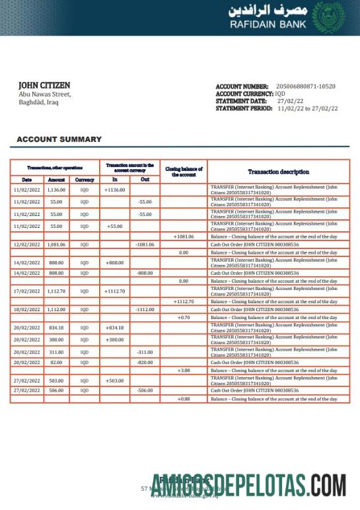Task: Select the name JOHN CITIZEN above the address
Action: tap(44, 85)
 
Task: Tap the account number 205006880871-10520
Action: tap(305, 87)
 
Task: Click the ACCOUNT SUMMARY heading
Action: tap(59, 139)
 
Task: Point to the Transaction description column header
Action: tap(278, 172)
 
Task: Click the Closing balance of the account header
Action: tap(183, 172)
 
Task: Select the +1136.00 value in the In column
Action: tap(114, 190)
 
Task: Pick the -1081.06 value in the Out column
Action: tap(144, 244)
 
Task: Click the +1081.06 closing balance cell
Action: tap(183, 236)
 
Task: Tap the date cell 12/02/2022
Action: tap(26, 244)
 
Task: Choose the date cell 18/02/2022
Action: tap(26, 309)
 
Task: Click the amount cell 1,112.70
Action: tap(56, 291)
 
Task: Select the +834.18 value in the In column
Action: tap(114, 328)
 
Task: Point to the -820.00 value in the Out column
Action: tap(144, 363)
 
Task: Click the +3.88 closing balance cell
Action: tap(183, 371)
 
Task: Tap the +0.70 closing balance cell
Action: tap(183, 318)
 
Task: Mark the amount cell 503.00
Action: tap(56, 381)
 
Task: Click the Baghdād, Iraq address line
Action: tap(38, 102)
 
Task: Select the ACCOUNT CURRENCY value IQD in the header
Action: tap(280, 94)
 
